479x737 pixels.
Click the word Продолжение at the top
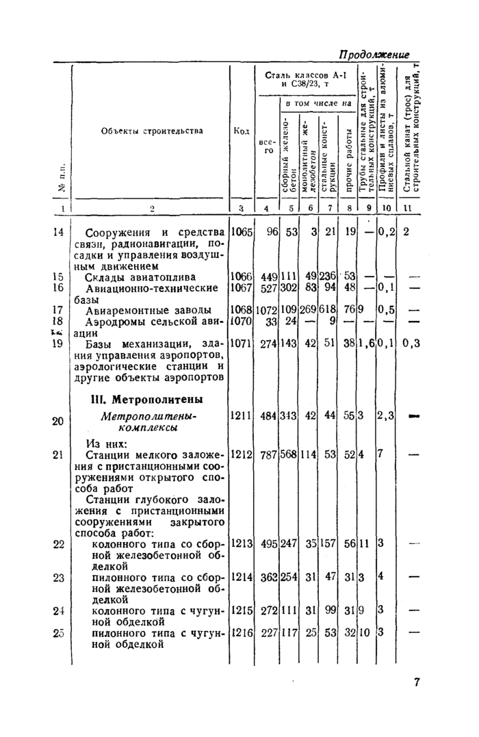[374, 54]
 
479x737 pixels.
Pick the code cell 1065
[241, 232]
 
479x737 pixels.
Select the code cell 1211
[241, 415]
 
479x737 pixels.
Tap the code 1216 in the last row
[241, 633]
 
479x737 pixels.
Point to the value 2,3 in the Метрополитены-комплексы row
[385, 415]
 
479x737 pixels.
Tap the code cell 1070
[241, 320]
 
